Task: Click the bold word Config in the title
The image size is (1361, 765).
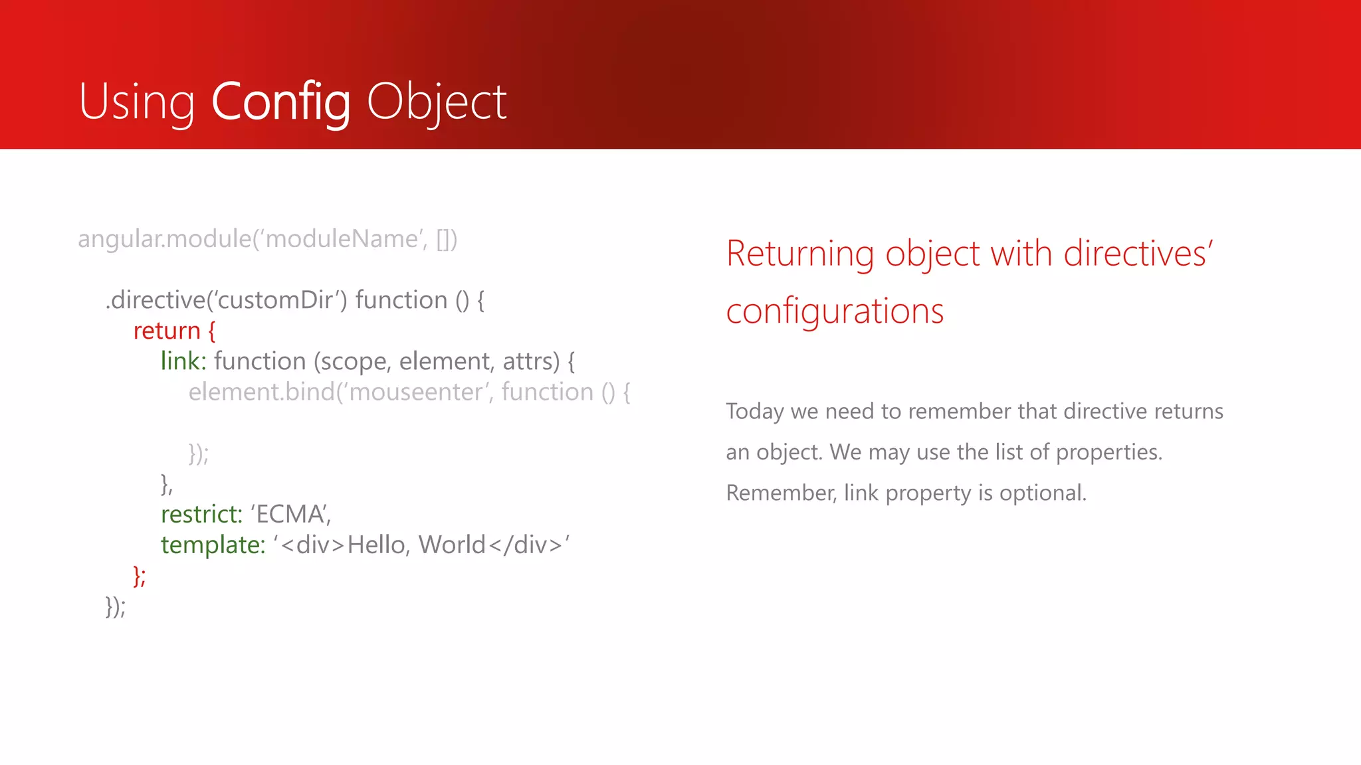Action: pos(280,102)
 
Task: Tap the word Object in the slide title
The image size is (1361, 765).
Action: pos(437,102)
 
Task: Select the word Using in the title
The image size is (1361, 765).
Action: pos(137,102)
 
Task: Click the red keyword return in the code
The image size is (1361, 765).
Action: pos(167,331)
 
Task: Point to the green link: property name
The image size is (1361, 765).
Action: pos(183,361)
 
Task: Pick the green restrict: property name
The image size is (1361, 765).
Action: pos(201,514)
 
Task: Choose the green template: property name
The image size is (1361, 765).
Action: pos(213,545)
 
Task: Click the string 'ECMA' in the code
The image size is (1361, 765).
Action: pos(290,514)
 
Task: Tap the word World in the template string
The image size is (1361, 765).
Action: pos(452,545)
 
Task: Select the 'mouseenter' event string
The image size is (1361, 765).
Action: pos(416,392)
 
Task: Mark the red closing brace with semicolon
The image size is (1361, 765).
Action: pos(140,576)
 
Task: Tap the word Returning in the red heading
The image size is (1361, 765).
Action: pos(799,254)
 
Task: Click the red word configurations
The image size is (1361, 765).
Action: pos(835,311)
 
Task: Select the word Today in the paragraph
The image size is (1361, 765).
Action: pos(755,412)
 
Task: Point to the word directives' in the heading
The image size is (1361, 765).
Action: pos(1138,254)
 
